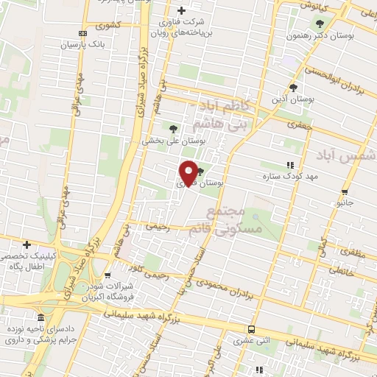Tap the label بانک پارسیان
[104, 43]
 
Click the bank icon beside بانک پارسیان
[82, 32]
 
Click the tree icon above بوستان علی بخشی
[173, 128]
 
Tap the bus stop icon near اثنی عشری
[252, 329]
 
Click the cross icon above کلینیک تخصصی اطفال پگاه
[27, 244]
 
